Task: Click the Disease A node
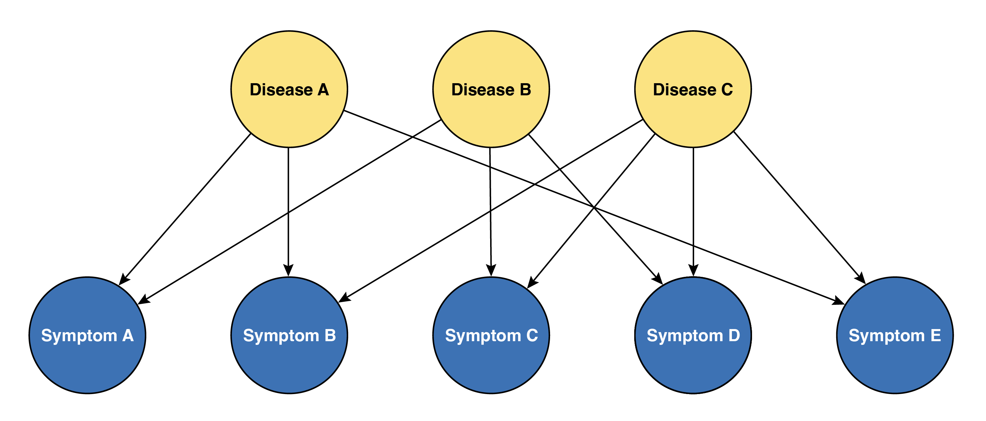point(289,89)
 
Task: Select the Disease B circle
point(491,89)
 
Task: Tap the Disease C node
point(693,89)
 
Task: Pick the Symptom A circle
point(87,335)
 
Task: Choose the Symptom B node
point(289,335)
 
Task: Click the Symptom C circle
point(491,335)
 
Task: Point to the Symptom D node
point(693,335)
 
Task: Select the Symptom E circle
point(895,335)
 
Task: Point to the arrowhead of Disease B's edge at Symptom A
point(143,300)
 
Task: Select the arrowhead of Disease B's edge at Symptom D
point(658,279)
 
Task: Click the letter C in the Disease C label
point(727,90)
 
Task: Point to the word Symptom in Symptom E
point(886,336)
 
